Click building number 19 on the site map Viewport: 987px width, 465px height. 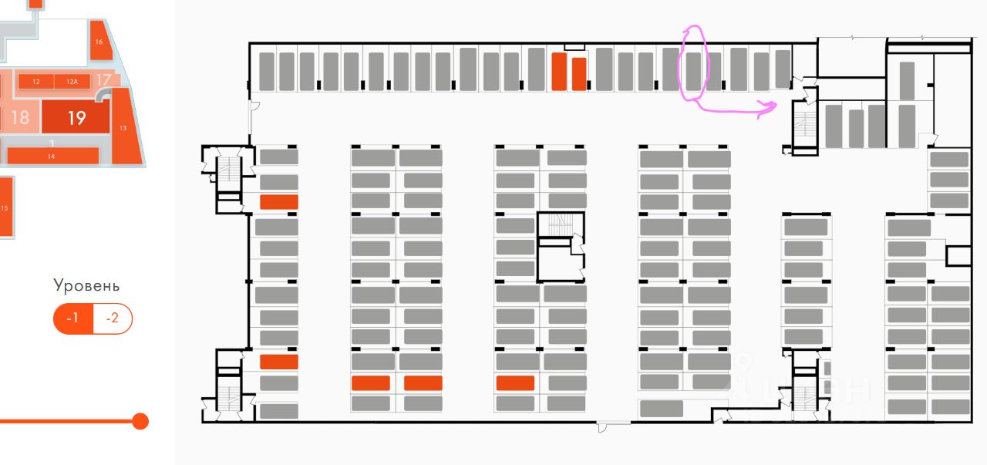76,118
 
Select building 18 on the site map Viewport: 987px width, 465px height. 20,117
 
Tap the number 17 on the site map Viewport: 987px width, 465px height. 103,79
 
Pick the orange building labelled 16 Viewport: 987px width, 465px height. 99,45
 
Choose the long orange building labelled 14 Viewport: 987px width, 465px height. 52,156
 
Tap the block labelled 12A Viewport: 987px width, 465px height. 72,81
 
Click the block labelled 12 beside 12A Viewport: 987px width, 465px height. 35,81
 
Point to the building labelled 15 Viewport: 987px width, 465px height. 5,207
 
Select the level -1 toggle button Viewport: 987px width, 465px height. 73,318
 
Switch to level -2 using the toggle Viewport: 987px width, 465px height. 113,318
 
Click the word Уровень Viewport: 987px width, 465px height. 86,285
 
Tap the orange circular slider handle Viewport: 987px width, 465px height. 140,421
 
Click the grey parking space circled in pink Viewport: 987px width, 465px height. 693,71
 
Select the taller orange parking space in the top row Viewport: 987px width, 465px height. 559,72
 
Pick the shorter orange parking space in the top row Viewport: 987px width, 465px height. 579,74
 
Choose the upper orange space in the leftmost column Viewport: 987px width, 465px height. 278,202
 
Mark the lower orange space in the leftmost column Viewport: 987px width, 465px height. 278,362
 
